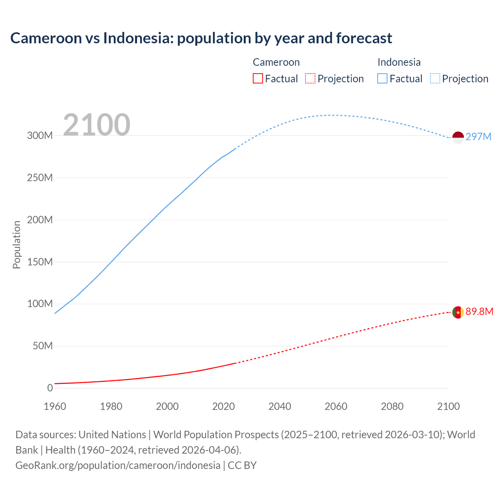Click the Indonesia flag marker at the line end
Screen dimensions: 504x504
click(x=458, y=137)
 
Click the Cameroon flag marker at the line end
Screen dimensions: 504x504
click(x=458, y=312)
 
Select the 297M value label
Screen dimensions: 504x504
click(x=478, y=137)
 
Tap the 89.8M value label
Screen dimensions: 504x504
click(x=479, y=311)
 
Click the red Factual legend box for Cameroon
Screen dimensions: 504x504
click(x=258, y=79)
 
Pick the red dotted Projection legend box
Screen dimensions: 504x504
click(x=310, y=79)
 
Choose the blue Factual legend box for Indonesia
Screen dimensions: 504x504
click(x=382, y=79)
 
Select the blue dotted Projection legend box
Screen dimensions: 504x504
click(x=435, y=79)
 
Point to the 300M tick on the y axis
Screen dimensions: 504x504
click(x=40, y=135)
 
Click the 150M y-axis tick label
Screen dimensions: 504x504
click(x=40, y=262)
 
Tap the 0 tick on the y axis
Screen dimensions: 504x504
click(x=50, y=388)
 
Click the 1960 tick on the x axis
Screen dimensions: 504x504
click(x=55, y=406)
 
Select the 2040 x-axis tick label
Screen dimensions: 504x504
click(x=280, y=406)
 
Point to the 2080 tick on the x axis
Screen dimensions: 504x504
click(x=392, y=406)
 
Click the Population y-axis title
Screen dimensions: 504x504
click(x=17, y=245)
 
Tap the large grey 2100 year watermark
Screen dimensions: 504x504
click(x=96, y=125)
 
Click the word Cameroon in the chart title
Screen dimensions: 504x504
click(x=46, y=38)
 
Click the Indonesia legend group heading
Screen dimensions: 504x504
click(x=399, y=62)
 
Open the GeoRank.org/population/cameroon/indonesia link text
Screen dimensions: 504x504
click(x=118, y=465)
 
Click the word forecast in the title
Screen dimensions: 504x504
click(x=364, y=38)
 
